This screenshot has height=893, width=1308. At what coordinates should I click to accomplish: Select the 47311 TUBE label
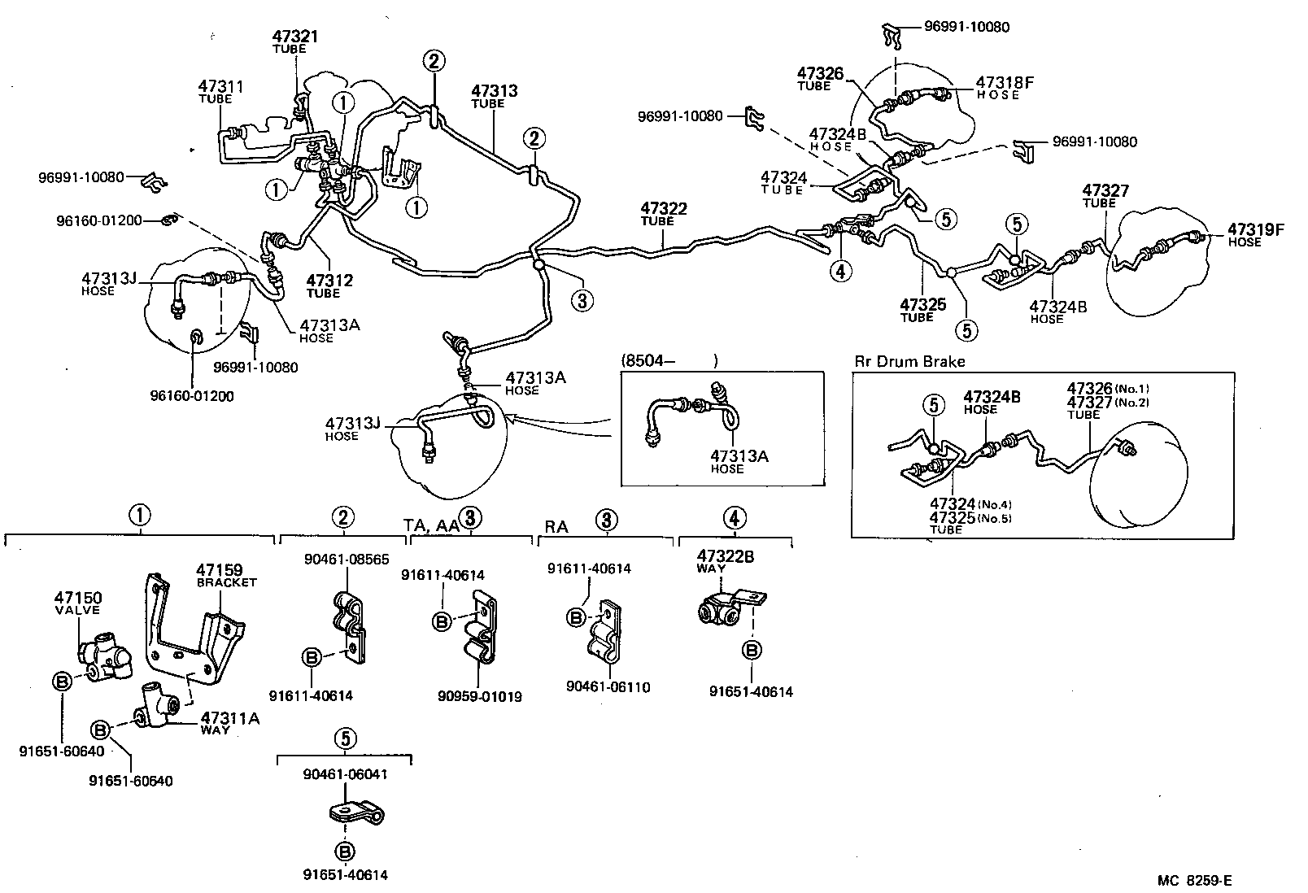[220, 91]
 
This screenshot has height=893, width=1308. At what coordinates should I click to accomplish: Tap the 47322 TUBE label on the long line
[663, 213]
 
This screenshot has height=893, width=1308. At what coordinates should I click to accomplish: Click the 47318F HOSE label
[1004, 87]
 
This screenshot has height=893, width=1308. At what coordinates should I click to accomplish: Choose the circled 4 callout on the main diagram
[841, 269]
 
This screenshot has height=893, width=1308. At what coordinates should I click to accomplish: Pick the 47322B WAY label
[725, 560]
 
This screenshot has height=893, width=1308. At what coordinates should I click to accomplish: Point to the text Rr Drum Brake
[909, 362]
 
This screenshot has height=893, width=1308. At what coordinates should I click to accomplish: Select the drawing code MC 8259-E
[1195, 880]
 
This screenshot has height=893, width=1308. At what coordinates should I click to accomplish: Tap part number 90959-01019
[479, 697]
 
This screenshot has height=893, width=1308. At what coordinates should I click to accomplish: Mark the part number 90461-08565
[347, 560]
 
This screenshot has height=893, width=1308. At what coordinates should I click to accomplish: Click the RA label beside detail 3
[556, 527]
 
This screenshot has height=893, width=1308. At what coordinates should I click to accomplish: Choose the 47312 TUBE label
[329, 286]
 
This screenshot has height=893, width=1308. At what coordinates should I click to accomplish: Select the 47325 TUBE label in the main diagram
[922, 310]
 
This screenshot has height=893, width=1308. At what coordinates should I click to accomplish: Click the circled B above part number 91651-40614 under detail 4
[752, 651]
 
